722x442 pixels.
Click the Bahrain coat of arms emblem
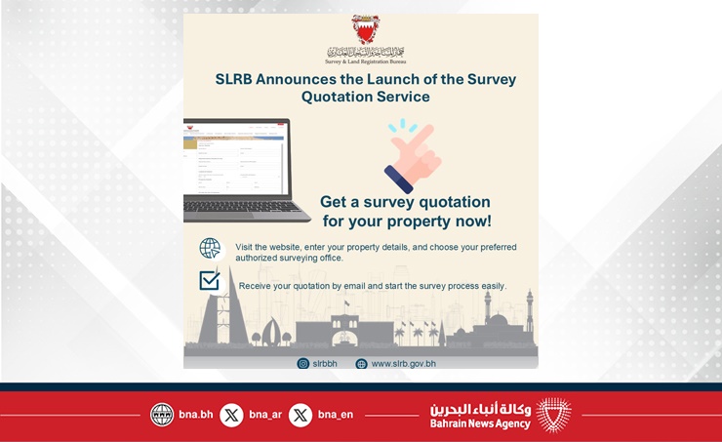[365, 30]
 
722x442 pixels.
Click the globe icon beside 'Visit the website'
[210, 248]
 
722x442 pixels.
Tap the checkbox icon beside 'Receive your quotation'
[209, 282]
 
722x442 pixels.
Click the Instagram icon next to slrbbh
[302, 364]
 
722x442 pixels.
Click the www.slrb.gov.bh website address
[403, 364]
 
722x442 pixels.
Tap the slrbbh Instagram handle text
[324, 364]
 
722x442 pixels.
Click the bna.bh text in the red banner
[195, 415]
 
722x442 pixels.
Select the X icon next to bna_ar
[231, 415]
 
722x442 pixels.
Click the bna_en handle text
[335, 415]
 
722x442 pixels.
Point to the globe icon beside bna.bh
[162, 415]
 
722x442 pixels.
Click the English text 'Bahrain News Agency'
[480, 423]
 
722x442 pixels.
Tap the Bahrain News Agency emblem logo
[554, 415]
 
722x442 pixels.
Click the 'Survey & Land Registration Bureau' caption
[365, 60]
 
